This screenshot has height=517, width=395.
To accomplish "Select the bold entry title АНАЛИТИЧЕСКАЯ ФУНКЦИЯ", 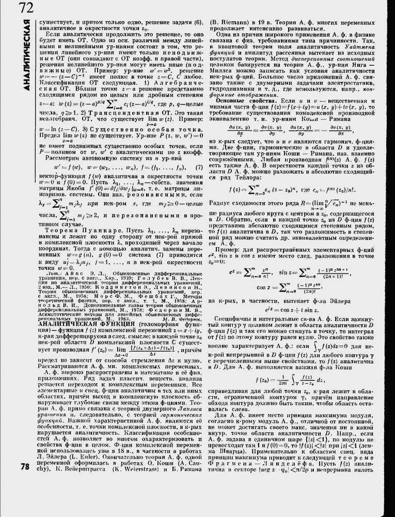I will click(x=69, y=330).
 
